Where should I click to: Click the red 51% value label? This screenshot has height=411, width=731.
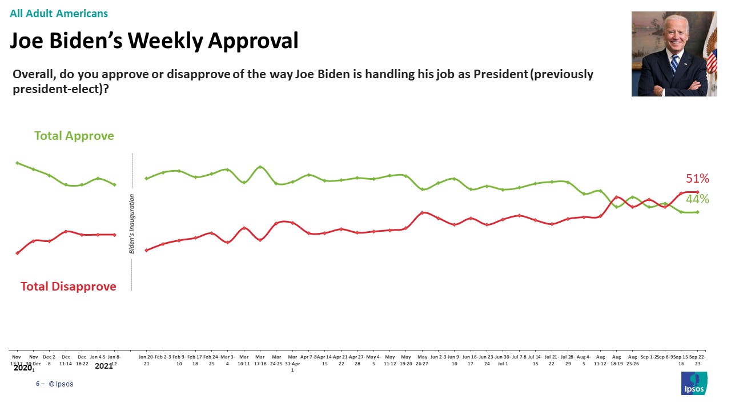tap(697, 179)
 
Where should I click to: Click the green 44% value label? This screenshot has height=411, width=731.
tap(697, 199)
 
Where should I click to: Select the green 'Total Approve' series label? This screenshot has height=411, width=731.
tap(74, 136)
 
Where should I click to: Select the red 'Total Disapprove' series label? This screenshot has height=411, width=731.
tap(69, 287)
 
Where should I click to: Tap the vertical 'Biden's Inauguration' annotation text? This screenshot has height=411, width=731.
tap(132, 224)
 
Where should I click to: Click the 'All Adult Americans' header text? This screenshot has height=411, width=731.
tap(59, 13)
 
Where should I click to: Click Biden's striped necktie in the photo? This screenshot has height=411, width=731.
tap(674, 66)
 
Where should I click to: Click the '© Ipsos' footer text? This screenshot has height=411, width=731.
tap(61, 384)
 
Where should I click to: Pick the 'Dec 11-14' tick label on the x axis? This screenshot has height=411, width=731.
tap(66, 360)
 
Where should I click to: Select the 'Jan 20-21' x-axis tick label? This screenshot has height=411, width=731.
tap(146, 360)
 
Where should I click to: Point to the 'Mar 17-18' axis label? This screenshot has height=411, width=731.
tap(260, 360)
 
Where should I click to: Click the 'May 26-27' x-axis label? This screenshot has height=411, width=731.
tap(423, 360)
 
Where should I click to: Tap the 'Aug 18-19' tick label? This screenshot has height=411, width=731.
tap(617, 360)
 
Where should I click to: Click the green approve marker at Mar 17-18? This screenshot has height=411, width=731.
tap(260, 167)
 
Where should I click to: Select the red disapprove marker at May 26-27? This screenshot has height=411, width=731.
tap(422, 212)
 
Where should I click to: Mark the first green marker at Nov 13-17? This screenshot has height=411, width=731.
tap(17, 163)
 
